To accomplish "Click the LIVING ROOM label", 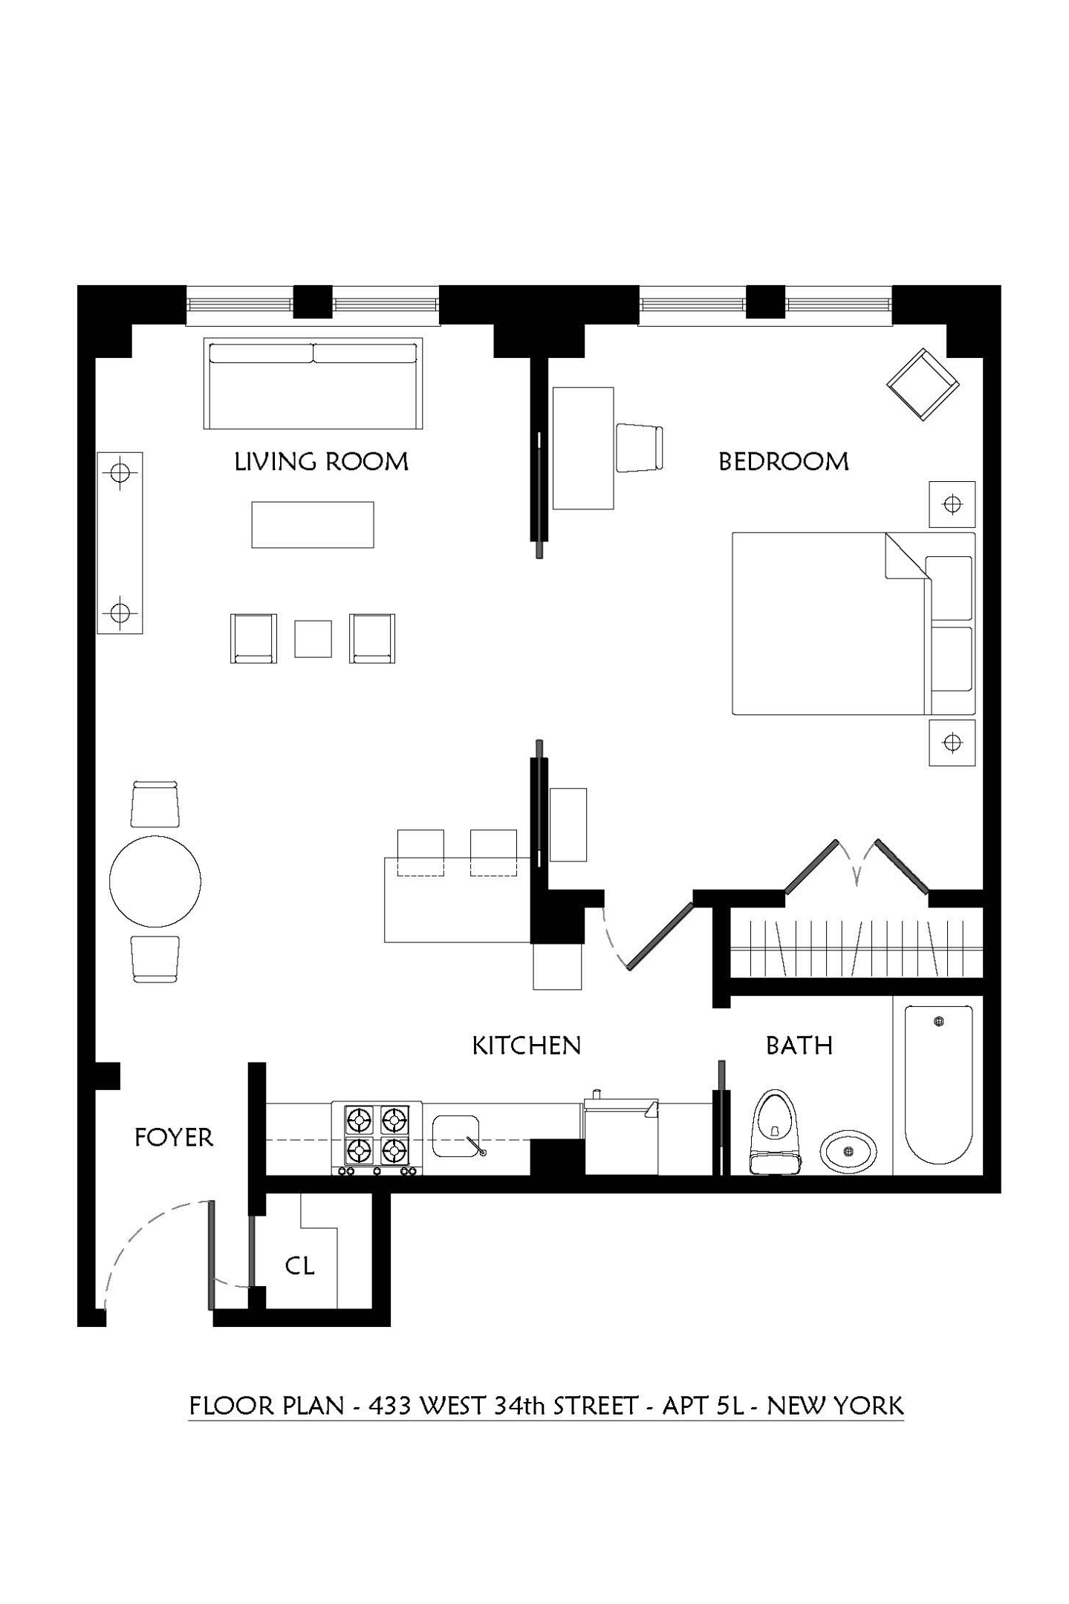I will point(321,462).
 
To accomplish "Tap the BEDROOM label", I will point(783,462).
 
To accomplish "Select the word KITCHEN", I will point(526,1046).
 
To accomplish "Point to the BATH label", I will point(799,1046).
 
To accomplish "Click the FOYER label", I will point(174,1138).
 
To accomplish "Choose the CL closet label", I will point(299,1265).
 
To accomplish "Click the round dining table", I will point(155,881).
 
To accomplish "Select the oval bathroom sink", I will point(848,1152).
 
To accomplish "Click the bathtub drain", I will point(939,1022).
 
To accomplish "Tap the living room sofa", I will point(313,385).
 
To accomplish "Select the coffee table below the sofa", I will point(312,525).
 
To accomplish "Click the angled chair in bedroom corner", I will point(922,385).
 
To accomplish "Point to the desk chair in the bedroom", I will point(638,447).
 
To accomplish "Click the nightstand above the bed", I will point(952,504).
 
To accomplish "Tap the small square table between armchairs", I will point(313,639).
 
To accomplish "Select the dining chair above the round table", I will point(155,804).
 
